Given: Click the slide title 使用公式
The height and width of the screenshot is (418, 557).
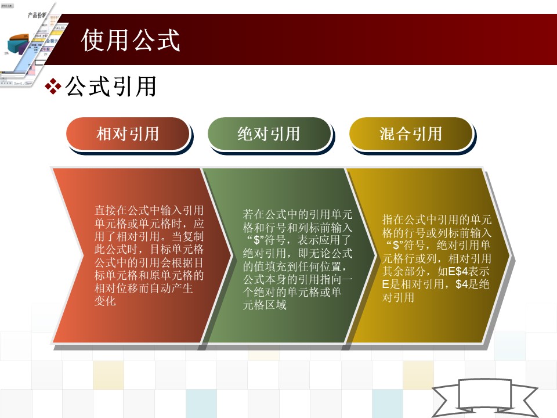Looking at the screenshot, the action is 131,40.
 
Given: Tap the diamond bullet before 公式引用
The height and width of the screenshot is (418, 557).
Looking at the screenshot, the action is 53,87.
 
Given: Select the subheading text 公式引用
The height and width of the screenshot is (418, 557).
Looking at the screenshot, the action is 111,87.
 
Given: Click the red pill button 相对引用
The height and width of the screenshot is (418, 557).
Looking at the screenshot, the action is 128,134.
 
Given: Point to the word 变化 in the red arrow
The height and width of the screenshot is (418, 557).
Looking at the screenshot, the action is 105,301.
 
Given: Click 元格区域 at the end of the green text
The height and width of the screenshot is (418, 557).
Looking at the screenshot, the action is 265,305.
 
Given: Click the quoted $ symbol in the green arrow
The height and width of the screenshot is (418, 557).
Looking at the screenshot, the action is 258,240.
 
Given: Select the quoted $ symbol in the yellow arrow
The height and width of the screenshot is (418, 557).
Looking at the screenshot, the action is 396,245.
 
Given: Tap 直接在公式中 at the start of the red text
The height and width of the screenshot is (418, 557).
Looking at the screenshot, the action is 127,210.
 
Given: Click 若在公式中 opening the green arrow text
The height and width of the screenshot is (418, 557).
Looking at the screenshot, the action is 270,214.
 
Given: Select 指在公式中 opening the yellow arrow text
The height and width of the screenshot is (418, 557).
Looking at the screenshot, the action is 409,219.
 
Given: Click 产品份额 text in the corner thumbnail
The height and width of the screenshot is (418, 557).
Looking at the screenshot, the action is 37,15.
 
